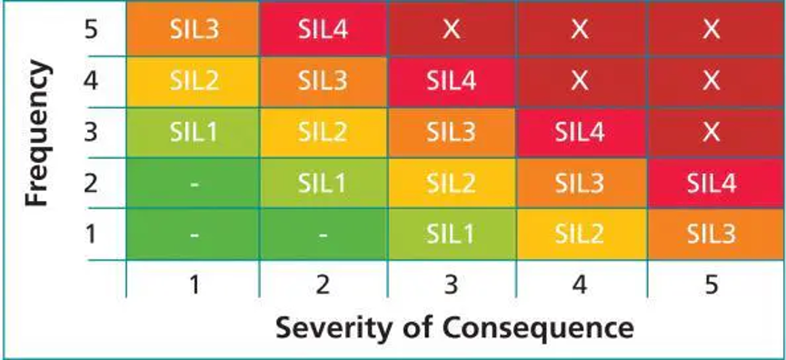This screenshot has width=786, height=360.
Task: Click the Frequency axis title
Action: click(x=37, y=134)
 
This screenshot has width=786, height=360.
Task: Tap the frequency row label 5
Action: click(x=90, y=31)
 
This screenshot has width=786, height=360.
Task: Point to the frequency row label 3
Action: click(x=90, y=133)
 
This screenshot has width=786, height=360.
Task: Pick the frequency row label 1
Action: click(x=90, y=235)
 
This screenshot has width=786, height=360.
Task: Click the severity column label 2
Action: click(x=323, y=285)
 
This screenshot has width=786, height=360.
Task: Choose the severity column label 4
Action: click(x=580, y=285)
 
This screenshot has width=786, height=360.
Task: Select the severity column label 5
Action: click(x=711, y=285)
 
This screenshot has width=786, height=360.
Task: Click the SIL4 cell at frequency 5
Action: click(x=323, y=29)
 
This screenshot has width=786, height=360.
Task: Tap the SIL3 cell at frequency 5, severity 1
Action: click(x=193, y=29)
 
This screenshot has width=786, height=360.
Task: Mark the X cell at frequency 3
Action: click(x=711, y=133)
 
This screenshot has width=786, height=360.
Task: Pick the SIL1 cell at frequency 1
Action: click(x=451, y=235)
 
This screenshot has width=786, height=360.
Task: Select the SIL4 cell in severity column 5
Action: click(x=711, y=183)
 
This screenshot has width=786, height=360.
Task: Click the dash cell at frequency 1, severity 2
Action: click(x=323, y=235)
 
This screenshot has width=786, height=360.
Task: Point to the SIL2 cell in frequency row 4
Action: click(x=193, y=82)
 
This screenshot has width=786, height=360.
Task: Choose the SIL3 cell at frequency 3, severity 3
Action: click(x=451, y=133)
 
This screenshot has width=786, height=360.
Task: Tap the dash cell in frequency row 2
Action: click(x=193, y=183)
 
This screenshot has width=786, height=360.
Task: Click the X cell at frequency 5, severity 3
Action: click(x=451, y=29)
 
